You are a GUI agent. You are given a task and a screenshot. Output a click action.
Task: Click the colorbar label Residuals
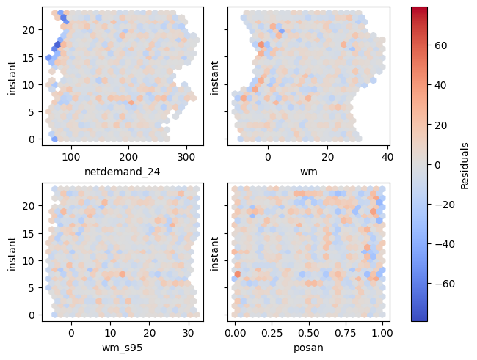coord(465,164)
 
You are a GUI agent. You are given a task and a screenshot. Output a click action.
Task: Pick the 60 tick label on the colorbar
coord(441,45)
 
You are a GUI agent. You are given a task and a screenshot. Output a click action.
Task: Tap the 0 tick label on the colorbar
coord(438,164)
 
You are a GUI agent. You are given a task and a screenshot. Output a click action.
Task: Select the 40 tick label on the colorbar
coord(441,84)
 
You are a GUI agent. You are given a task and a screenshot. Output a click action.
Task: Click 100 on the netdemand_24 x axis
coord(71,156)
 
